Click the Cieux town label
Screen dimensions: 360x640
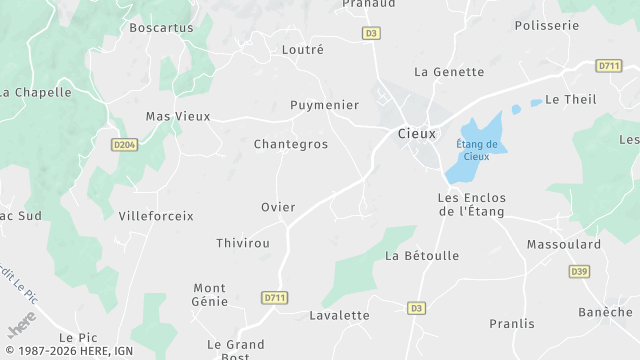tap(416, 133)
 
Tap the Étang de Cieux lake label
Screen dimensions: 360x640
tap(473, 150)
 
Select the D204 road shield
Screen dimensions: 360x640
tap(125, 145)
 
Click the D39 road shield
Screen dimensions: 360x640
tap(579, 271)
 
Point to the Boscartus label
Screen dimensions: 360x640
tap(161, 28)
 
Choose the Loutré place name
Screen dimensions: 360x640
tap(303, 48)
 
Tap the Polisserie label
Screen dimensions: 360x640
tap(547, 26)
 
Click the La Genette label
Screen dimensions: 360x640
tap(449, 72)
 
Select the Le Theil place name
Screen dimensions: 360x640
tap(570, 100)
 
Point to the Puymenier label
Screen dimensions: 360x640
tap(324, 104)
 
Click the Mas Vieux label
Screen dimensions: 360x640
tap(178, 116)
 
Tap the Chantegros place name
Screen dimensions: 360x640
tap(291, 144)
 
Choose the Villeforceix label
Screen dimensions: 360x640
tap(156, 215)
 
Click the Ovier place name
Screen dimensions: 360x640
tap(278, 207)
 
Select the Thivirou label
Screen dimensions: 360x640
tap(243, 243)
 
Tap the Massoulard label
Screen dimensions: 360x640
tap(565, 244)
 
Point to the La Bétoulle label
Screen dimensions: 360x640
tap(422, 256)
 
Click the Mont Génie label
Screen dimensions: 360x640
tap(210, 294)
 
